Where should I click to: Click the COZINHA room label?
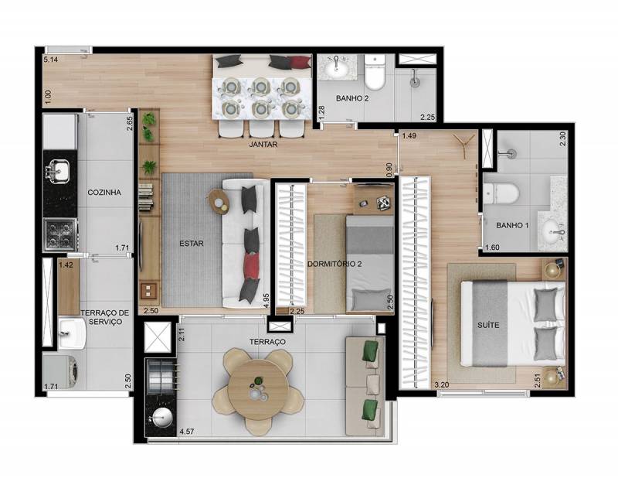[104, 193]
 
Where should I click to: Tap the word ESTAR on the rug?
[192, 244]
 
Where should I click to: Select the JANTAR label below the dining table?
[263, 145]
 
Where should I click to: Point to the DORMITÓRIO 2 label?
[334, 264]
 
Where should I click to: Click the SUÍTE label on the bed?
[488, 325]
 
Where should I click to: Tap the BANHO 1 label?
[512, 226]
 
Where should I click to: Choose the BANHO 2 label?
[352, 98]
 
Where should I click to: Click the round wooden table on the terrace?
[258, 391]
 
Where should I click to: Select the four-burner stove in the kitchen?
[60, 234]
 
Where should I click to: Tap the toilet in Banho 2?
[375, 72]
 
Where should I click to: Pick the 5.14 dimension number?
[50, 60]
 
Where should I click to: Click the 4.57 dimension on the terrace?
[186, 432]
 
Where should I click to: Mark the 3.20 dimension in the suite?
[441, 384]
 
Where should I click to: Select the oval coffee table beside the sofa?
[219, 201]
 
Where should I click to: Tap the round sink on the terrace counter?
[162, 417]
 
